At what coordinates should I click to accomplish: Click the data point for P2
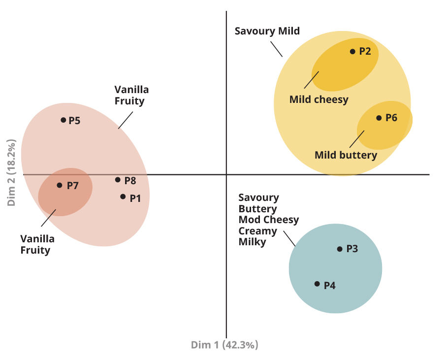[x=352, y=51]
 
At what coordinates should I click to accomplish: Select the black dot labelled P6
[x=379, y=118]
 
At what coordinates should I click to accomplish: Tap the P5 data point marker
[x=63, y=120]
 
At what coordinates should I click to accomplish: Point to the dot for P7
[x=60, y=185]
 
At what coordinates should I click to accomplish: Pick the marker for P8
[x=118, y=180]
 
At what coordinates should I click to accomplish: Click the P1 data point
[x=123, y=196]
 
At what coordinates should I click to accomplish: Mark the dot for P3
[x=339, y=249]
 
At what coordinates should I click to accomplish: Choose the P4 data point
[x=317, y=284]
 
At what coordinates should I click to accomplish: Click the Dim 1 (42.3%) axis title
[x=224, y=345]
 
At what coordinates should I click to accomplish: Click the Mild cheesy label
[x=319, y=99]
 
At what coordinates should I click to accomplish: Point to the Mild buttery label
[x=346, y=155]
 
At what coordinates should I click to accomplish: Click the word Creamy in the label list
[x=257, y=231]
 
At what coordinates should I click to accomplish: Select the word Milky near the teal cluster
[x=253, y=242]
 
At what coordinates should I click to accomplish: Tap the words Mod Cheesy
[x=268, y=220]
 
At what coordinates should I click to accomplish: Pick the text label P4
[x=329, y=285]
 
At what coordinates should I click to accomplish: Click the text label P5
[x=74, y=121]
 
